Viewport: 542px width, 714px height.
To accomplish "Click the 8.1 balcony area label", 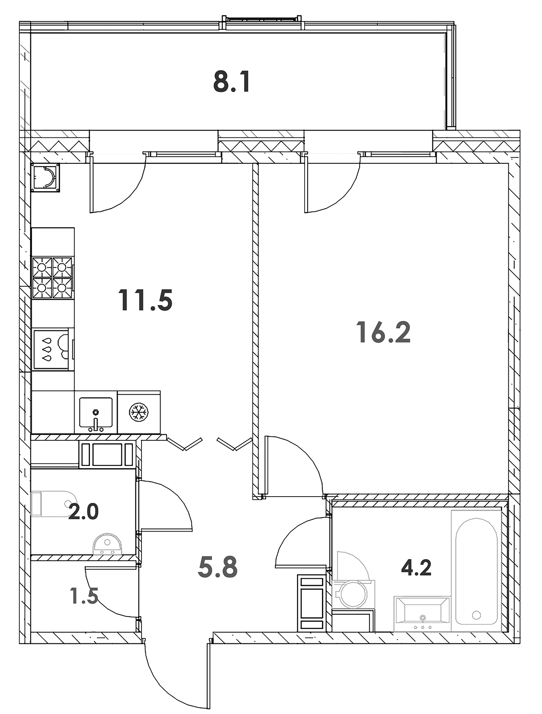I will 232,83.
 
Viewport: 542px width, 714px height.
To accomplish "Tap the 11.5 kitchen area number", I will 145,300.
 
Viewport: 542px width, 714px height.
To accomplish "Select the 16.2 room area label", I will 383,332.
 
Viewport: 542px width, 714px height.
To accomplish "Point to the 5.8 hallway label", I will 217,567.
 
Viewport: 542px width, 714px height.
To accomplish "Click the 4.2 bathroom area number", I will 416,568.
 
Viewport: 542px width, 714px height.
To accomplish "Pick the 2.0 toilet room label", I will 83,512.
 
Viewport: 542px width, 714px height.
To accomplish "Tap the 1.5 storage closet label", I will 84,595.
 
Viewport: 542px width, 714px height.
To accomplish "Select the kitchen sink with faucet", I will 96,414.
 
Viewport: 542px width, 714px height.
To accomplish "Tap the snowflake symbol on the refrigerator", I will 139,413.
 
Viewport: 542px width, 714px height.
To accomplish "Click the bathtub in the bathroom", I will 476,571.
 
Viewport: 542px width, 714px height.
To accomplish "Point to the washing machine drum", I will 351,594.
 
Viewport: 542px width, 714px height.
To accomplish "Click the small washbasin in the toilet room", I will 107,544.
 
